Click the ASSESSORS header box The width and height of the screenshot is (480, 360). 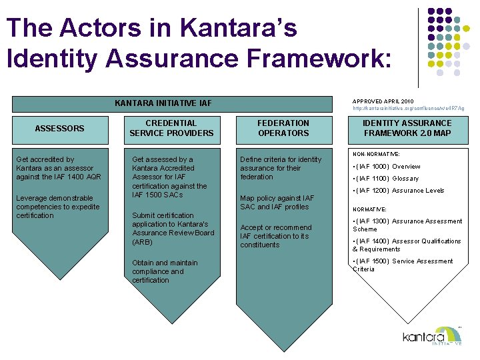(59, 128)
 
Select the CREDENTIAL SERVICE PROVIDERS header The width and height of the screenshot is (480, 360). (171, 128)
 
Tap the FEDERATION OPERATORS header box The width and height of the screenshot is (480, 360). (283, 128)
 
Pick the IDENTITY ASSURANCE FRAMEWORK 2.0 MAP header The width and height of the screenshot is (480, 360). (407, 128)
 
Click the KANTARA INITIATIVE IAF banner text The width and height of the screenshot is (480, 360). (163, 103)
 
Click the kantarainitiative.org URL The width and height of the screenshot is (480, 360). (408, 108)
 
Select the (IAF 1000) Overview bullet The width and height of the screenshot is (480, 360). (387, 167)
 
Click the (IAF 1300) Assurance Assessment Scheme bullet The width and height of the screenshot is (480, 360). (407, 225)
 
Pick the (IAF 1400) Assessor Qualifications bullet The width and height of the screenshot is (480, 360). (407, 245)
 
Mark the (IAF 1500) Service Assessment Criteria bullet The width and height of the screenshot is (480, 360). (403, 265)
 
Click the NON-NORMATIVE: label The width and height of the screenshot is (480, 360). (375, 153)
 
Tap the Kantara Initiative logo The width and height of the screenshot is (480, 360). (432, 337)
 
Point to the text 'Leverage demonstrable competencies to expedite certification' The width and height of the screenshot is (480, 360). (57, 207)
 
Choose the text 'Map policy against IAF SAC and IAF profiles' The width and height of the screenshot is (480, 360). (277, 202)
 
